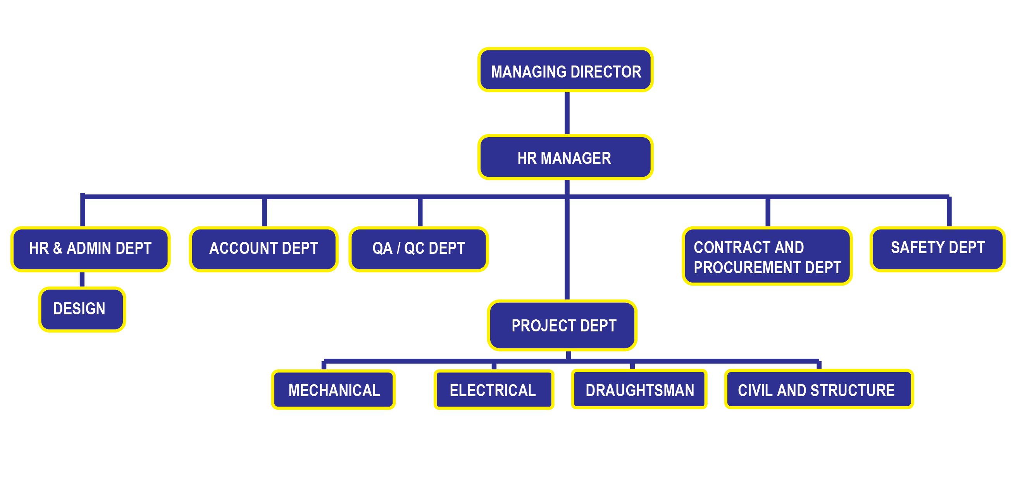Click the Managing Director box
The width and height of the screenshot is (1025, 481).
[x=565, y=71]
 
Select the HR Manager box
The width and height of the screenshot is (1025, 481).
[x=565, y=157]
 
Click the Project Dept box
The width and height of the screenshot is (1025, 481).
[x=562, y=326]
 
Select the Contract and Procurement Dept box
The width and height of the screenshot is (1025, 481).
[x=767, y=257]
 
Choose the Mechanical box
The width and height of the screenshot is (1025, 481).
[x=333, y=390]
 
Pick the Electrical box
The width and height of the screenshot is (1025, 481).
[x=493, y=390]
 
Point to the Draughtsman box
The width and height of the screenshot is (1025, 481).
[x=639, y=390]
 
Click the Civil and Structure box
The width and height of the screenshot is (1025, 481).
[x=819, y=390]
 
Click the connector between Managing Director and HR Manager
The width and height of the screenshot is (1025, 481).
[x=567, y=114]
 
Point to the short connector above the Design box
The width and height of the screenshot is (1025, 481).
[x=82, y=279]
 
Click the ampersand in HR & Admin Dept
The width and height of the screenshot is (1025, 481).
[x=58, y=248]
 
